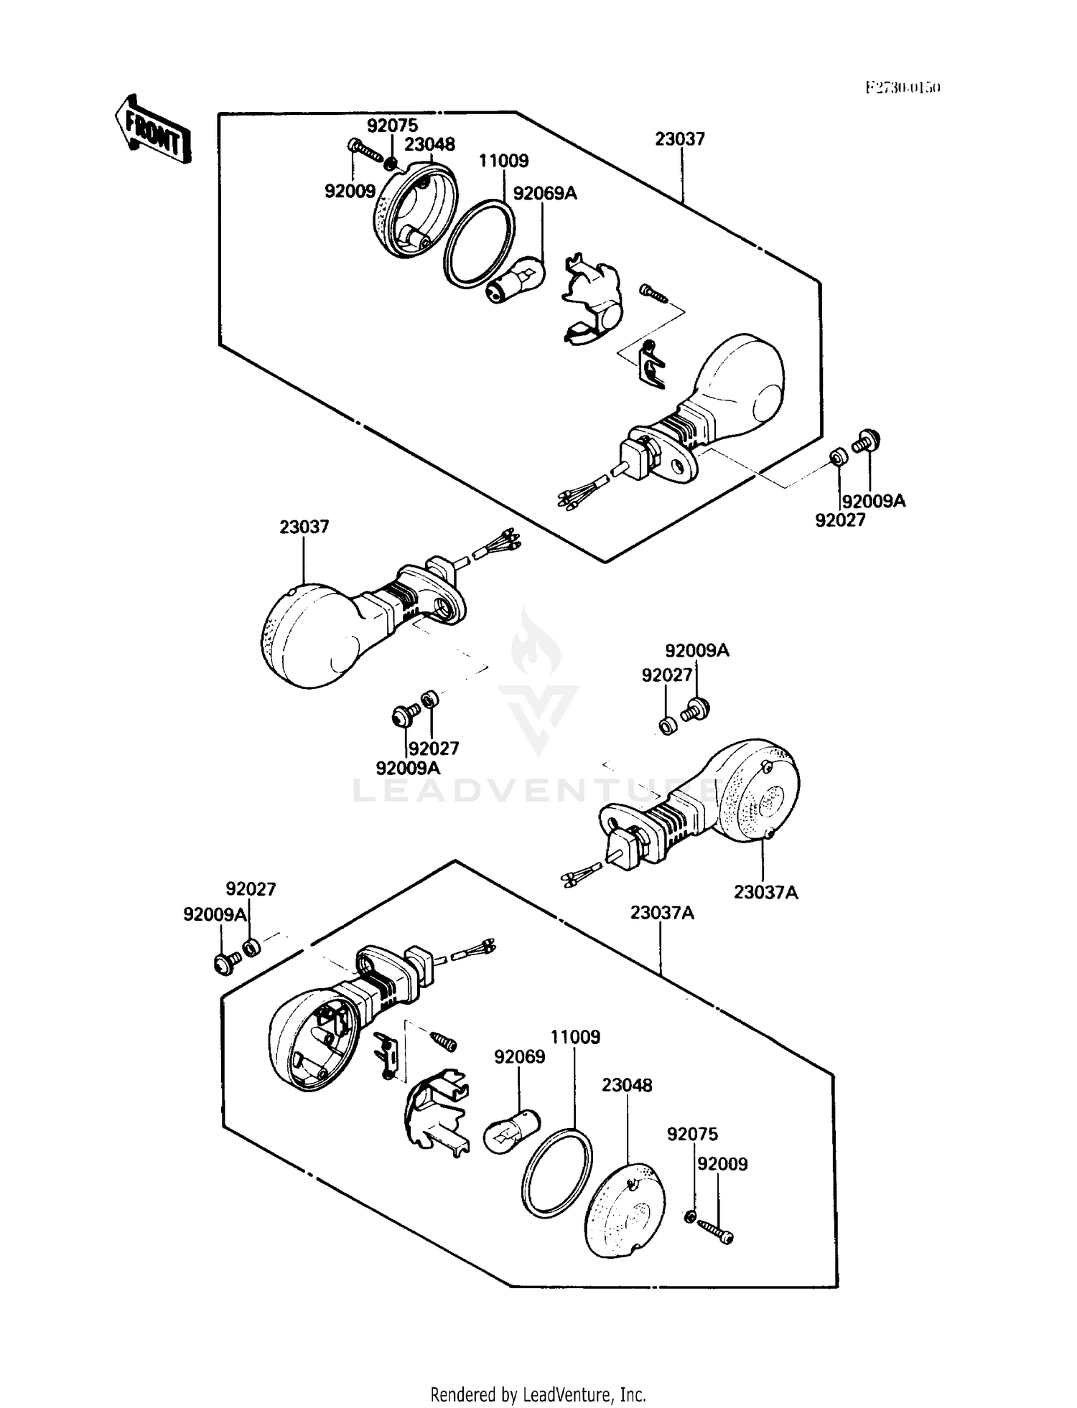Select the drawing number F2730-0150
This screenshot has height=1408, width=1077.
coord(902,88)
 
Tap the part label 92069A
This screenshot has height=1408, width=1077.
coord(545,193)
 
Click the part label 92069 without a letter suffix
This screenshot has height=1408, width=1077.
coord(519,1057)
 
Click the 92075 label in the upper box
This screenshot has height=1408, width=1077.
coord(392,126)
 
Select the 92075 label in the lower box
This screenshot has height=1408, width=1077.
coord(692,1135)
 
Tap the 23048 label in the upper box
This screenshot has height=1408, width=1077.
coord(429,144)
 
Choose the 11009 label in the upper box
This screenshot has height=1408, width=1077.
coord(504,161)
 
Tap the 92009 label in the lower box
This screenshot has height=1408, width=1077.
coord(722,1164)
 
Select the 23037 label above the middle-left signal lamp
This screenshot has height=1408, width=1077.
coord(304,527)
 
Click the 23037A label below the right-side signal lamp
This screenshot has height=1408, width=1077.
coord(765,892)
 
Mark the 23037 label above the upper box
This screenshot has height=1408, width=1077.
coord(679,139)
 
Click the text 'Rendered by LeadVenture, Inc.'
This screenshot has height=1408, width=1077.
coord(538,1394)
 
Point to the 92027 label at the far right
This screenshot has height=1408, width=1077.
coord(840,520)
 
